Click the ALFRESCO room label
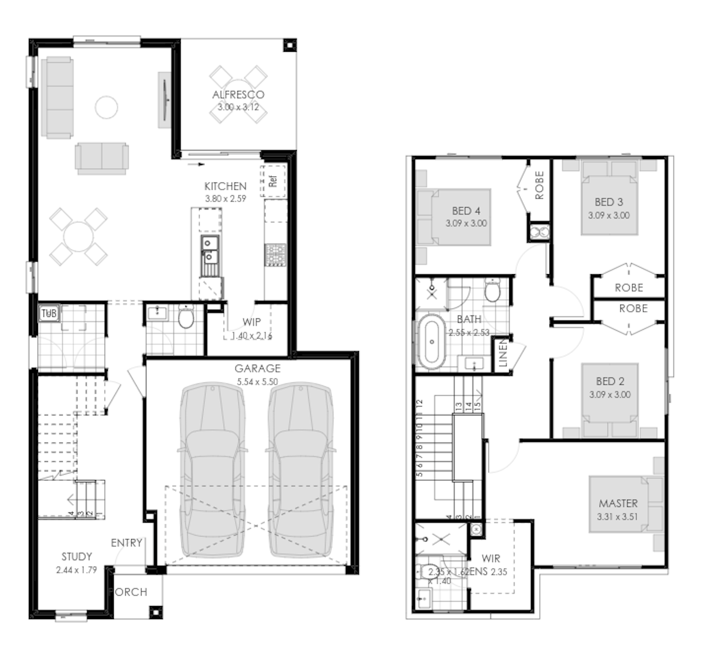click(238, 95)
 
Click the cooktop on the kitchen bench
click(276, 255)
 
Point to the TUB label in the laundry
click(49, 313)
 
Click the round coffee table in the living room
click(106, 107)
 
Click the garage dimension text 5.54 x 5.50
click(258, 382)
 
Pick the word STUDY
click(76, 556)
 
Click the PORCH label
click(129, 592)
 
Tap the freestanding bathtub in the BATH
click(432, 342)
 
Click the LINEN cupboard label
click(503, 353)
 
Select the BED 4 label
click(466, 211)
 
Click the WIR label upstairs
click(491, 559)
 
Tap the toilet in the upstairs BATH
click(492, 291)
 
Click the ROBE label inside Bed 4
click(540, 185)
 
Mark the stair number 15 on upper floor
click(476, 406)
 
